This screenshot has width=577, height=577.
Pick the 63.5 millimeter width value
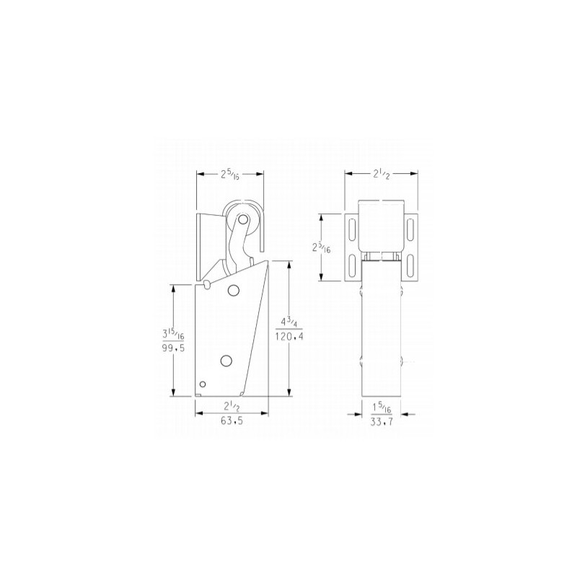tap(232, 425)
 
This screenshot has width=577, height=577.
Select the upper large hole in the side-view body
tap(233, 290)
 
